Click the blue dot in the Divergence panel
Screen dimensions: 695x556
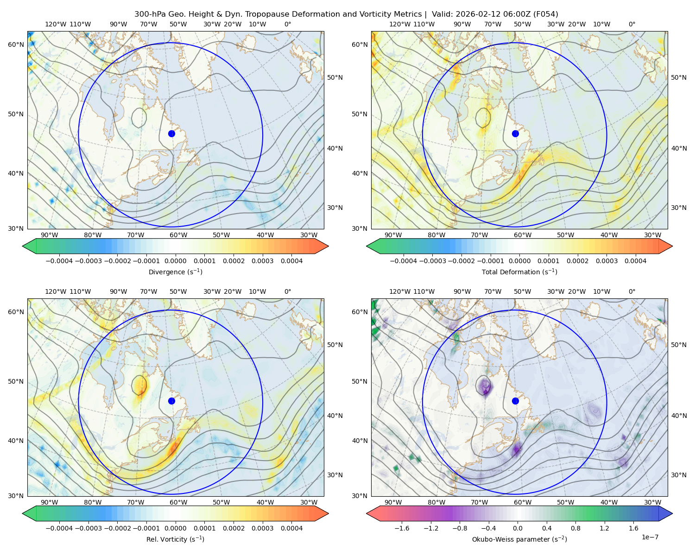tap(171, 133)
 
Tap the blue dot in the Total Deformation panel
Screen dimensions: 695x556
tap(515, 133)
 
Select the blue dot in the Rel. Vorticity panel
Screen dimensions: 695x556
tap(171, 401)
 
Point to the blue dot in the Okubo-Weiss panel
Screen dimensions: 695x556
tap(515, 401)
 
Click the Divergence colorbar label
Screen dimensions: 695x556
tap(175, 272)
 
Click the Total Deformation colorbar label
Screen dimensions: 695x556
tap(519, 272)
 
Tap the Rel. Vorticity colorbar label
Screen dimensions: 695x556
tap(175, 539)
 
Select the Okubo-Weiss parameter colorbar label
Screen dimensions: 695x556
tap(519, 539)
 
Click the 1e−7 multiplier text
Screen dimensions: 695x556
tap(650, 537)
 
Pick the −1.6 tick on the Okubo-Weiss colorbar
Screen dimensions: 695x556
tap(402, 528)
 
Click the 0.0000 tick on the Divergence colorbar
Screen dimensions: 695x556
tap(175, 261)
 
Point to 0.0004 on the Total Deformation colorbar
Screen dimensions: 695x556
tap(635, 261)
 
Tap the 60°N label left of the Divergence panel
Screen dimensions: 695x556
tap(16, 44)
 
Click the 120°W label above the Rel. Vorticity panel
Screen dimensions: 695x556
tap(56, 291)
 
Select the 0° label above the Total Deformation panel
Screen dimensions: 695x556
tap(632, 24)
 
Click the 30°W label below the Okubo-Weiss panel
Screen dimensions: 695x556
tap(652, 502)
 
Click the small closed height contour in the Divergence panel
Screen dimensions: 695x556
tap(132, 118)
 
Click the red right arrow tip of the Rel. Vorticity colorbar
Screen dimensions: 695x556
tap(328, 513)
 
